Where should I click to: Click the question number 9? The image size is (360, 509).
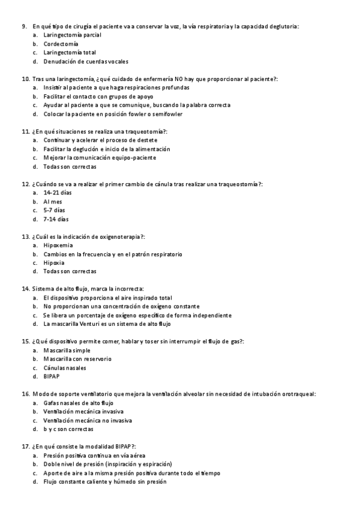(25, 26)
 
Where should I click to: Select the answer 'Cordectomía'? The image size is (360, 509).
(61, 44)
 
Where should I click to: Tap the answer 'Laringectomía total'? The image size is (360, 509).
(70, 52)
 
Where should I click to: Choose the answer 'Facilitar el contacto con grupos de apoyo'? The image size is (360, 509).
(98, 96)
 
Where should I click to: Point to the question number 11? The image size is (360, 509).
(26, 131)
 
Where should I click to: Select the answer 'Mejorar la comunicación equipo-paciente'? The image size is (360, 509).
(100, 157)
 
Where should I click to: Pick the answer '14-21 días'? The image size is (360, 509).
(58, 193)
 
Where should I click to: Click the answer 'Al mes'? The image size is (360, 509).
(53, 201)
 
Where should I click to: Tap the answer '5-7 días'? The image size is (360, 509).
(55, 210)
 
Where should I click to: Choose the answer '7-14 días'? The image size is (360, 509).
(56, 219)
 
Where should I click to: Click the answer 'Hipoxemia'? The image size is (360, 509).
(58, 245)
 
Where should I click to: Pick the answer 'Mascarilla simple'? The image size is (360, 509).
(67, 350)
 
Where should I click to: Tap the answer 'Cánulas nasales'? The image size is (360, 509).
(65, 367)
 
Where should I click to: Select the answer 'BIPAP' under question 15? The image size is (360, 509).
(52, 376)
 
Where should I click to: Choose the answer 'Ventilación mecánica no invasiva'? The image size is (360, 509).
(88, 420)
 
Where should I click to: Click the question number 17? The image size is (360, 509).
(26, 447)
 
